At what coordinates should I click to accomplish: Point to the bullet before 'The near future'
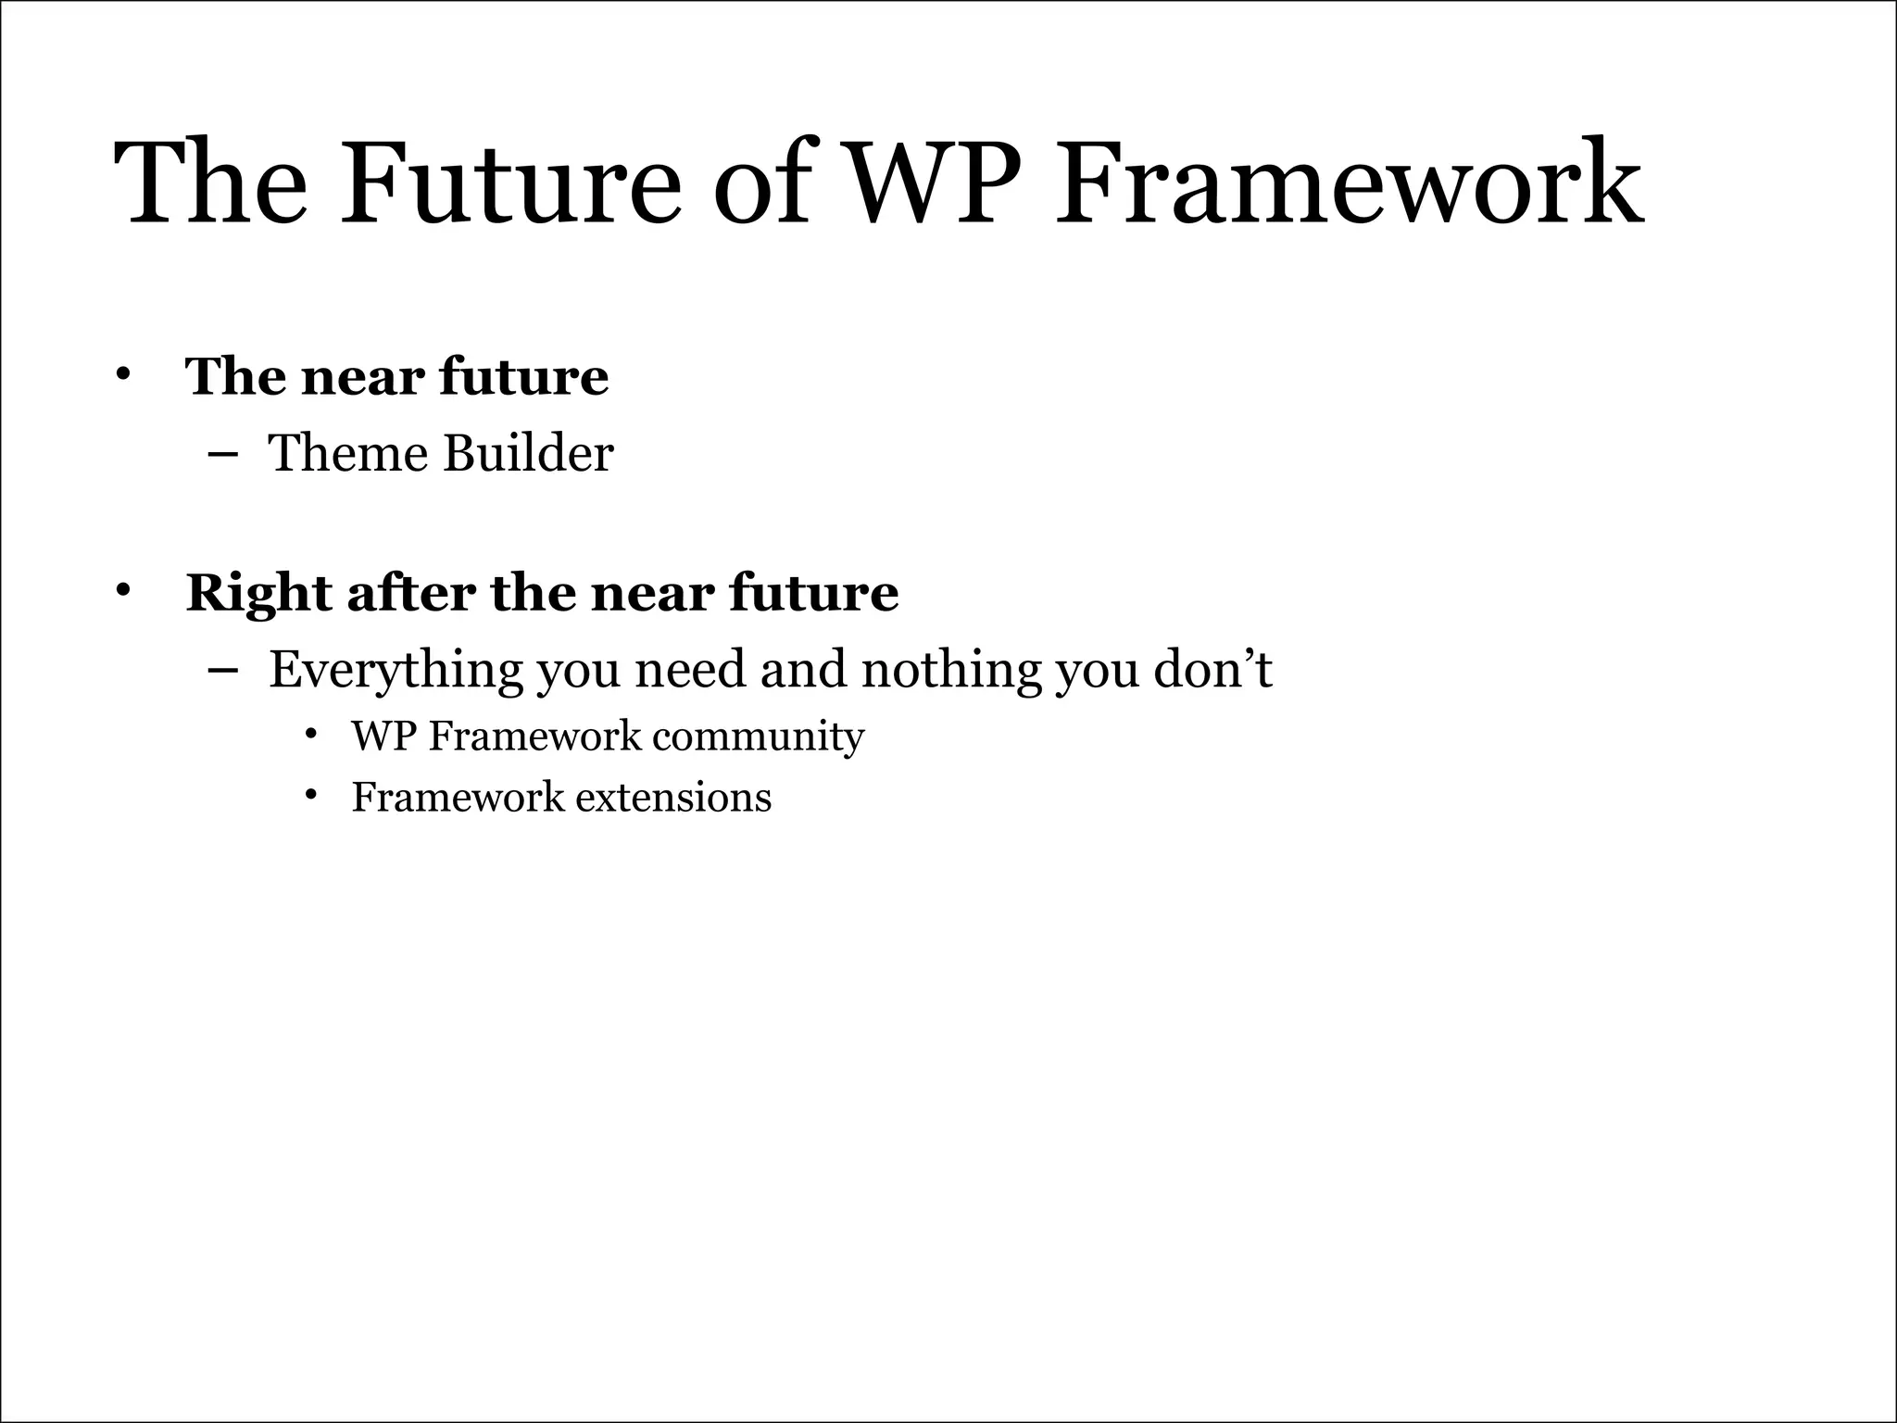121,375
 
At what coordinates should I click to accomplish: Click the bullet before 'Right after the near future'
121,591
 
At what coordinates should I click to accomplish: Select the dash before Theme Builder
222,454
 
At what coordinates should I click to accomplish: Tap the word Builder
528,454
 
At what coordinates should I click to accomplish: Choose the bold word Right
258,593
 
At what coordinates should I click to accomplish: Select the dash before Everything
222,669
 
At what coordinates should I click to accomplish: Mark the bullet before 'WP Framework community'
311,736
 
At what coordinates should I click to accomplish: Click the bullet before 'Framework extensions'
311,796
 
